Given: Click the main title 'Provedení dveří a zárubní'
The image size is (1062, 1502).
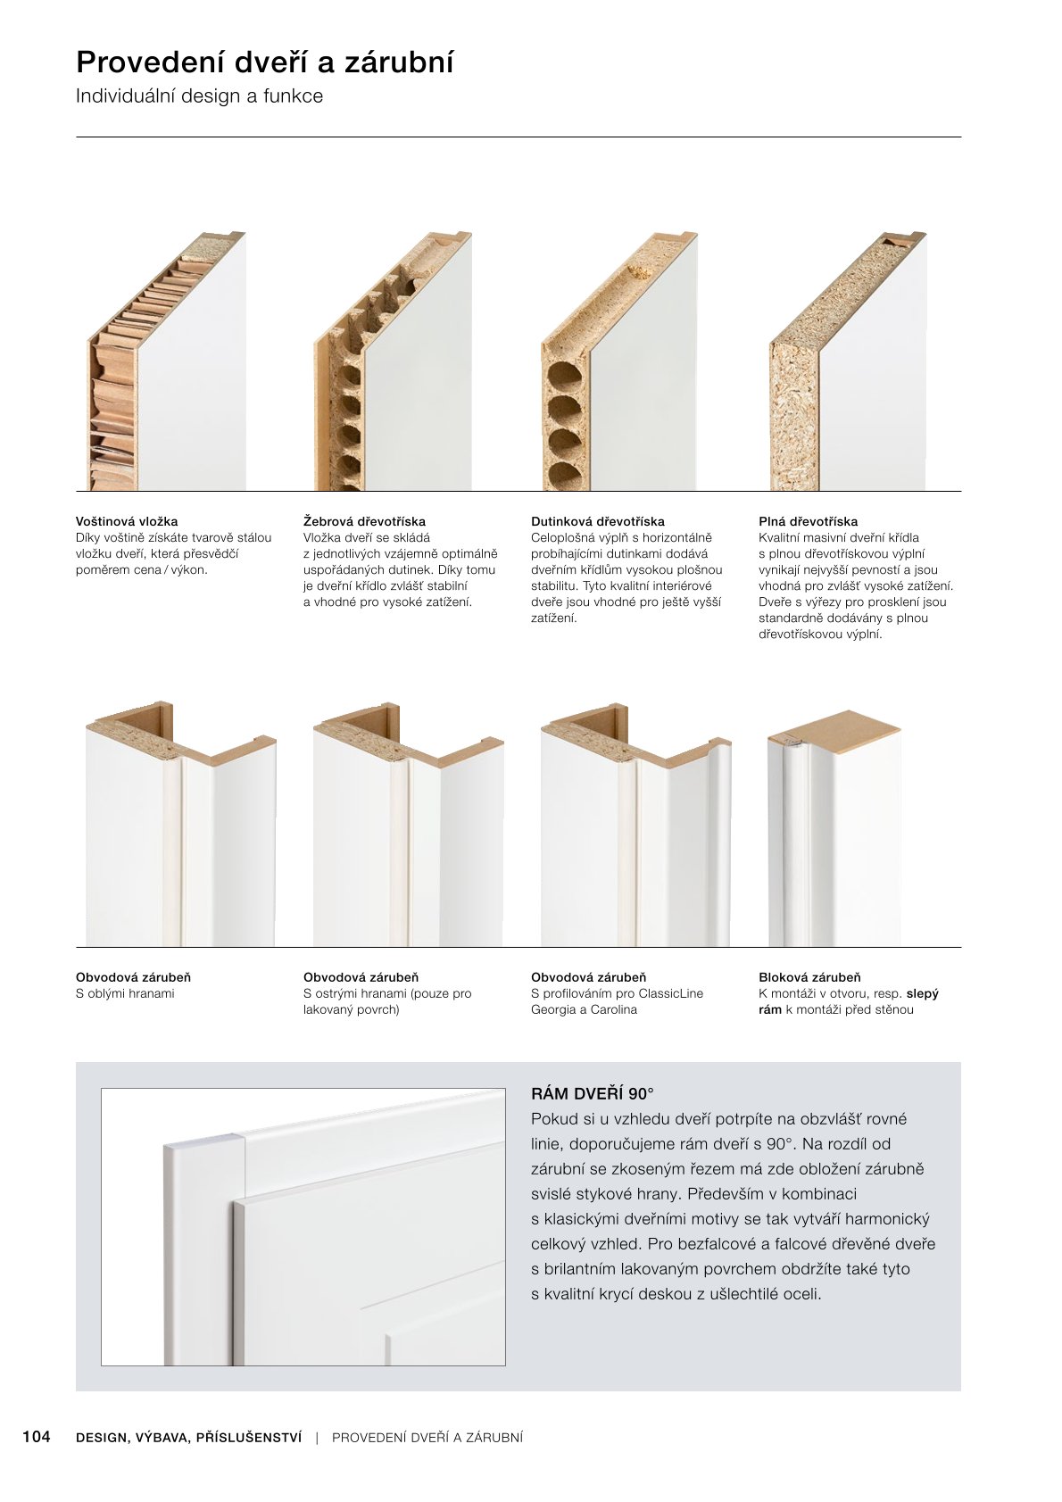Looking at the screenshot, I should click(265, 62).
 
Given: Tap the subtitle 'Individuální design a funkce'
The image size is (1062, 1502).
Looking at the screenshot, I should click(199, 96).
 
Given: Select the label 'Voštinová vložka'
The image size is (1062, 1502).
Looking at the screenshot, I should click(127, 521).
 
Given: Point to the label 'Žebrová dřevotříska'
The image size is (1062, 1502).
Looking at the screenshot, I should click(364, 521).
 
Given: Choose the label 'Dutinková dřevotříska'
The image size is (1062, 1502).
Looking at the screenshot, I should click(597, 521).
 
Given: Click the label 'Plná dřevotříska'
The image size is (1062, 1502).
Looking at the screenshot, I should click(808, 521).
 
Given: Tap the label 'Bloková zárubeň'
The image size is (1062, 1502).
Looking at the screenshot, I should click(809, 977).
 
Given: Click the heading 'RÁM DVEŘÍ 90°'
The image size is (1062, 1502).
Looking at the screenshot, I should click(592, 1093).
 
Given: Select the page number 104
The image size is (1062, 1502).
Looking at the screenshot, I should click(37, 1436).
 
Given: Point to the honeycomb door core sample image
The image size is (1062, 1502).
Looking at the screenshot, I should click(168, 366).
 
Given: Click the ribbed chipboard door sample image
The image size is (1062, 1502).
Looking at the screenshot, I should click(394, 366).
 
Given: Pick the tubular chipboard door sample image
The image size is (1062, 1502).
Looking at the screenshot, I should click(621, 366).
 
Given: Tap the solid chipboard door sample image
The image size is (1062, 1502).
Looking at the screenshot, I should click(849, 366).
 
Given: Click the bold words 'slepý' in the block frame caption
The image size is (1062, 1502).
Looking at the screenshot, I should click(922, 993).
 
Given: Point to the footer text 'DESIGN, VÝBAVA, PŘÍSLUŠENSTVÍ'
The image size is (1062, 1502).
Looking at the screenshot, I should click(189, 1437).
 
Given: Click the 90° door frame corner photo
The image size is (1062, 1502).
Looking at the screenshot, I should click(303, 1227).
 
